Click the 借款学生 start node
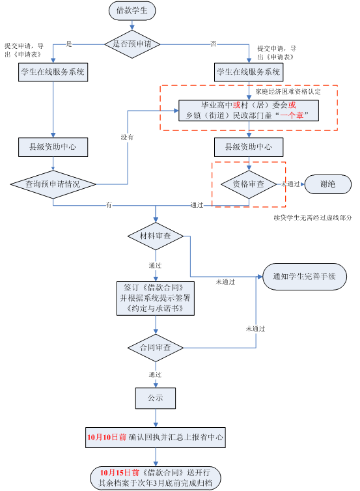tap(132, 10)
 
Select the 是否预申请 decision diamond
tap(132, 44)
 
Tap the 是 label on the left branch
tap(69, 44)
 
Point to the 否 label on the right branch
tap(214, 44)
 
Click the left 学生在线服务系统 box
tap(53, 72)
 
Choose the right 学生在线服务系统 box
tap(249, 72)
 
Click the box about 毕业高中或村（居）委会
tap(249, 111)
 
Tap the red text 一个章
tap(292, 115)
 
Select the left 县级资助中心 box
tap(53, 147)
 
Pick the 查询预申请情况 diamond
tap(53, 184)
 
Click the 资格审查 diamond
tap(249, 184)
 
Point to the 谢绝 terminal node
tap(327, 184)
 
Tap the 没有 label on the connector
tap(127, 137)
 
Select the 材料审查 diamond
tap(156, 236)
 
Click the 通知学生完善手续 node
tap(305, 277)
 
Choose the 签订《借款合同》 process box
tap(156, 298)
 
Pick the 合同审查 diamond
tap(156, 348)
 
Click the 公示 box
tap(156, 398)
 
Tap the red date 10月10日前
tap(106, 437)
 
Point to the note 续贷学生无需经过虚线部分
tap(312, 217)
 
